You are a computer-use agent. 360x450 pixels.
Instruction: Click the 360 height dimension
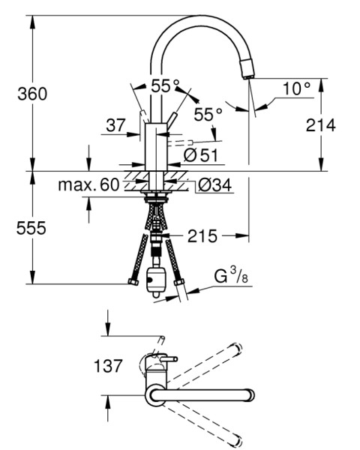32,94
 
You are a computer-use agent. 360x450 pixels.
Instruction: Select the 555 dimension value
31,228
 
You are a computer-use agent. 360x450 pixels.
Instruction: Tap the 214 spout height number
320,125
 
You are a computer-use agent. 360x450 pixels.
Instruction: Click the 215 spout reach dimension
202,236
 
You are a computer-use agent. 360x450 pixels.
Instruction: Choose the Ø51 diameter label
201,155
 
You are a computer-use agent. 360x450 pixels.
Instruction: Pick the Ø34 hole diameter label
214,184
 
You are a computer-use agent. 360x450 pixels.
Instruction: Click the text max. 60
88,184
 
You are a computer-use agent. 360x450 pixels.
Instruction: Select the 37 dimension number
116,125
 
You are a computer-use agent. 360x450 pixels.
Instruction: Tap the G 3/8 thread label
231,275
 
